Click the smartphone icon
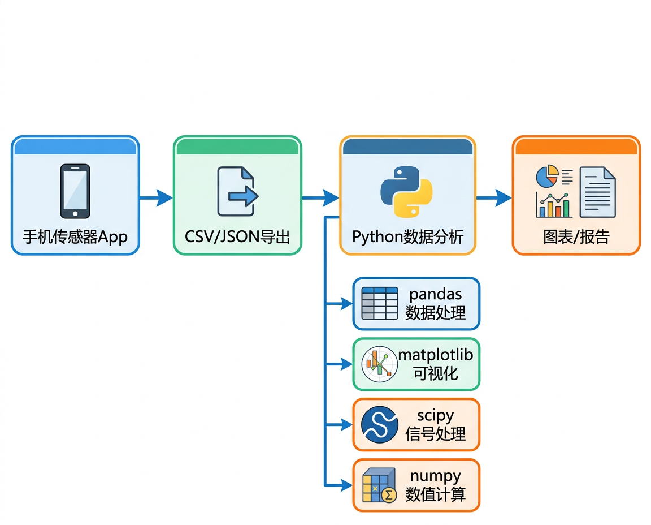75,191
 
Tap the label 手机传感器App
75,236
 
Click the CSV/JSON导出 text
237,236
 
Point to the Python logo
406,191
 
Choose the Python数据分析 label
407,236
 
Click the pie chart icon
546,176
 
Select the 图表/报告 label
576,236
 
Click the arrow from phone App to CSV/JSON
156,197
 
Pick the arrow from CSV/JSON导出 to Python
320,197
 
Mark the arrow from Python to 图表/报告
494,197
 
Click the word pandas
436,294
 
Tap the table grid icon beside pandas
380,304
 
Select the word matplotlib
436,355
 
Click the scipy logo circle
380,424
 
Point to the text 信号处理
436,434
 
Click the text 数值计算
436,494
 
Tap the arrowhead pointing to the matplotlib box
346,364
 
